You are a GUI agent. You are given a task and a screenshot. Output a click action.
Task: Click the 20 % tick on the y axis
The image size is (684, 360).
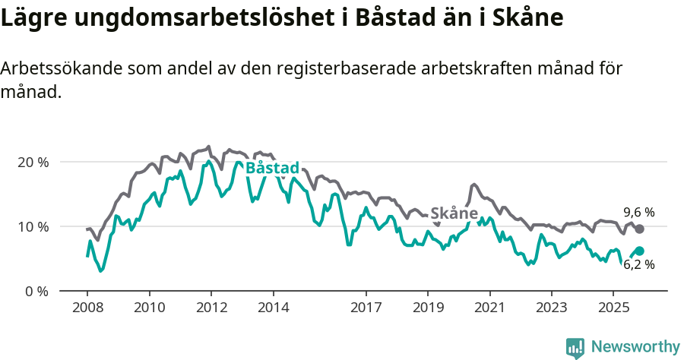click(32, 163)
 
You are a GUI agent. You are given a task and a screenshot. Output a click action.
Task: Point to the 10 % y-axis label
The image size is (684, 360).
click(32, 226)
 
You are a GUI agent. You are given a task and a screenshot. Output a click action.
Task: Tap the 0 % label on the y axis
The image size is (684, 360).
click(35, 291)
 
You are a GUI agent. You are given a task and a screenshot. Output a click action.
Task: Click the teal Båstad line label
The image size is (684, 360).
click(272, 168)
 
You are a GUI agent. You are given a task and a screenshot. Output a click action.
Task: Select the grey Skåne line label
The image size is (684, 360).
click(454, 213)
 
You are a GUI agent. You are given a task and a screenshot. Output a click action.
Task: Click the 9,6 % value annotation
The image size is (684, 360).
click(638, 213)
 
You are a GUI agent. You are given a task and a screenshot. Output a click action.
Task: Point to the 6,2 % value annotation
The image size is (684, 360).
click(638, 265)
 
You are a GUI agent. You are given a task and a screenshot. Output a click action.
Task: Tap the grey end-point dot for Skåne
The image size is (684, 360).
click(639, 229)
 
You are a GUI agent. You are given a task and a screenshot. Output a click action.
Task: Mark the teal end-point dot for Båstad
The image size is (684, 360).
click(639, 251)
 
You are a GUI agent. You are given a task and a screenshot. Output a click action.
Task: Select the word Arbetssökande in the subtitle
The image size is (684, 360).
click(59, 68)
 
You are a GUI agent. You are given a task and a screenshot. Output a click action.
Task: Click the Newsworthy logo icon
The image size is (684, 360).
click(575, 347)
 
